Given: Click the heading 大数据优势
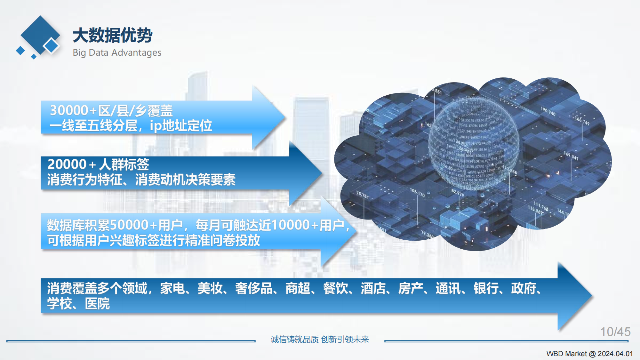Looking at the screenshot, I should coord(112,35).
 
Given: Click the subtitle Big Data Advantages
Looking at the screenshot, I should coord(117,52).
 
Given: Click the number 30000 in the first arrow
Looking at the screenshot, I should coord(69,110).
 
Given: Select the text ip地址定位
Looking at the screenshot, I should coord(181,125).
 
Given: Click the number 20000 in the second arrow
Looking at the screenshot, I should coord(67,164).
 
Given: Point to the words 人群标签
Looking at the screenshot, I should coord(124,164).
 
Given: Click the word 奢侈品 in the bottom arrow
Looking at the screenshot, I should coord(254,288).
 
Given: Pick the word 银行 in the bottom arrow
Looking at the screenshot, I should coord(486,288).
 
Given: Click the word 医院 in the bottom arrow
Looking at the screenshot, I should coord(97,304).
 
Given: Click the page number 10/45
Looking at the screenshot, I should coord(615,332).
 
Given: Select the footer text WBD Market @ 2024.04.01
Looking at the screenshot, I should coord(589,354).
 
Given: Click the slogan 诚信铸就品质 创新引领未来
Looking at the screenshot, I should coord(320,339).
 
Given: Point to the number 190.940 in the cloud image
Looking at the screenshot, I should coord(548,111).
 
